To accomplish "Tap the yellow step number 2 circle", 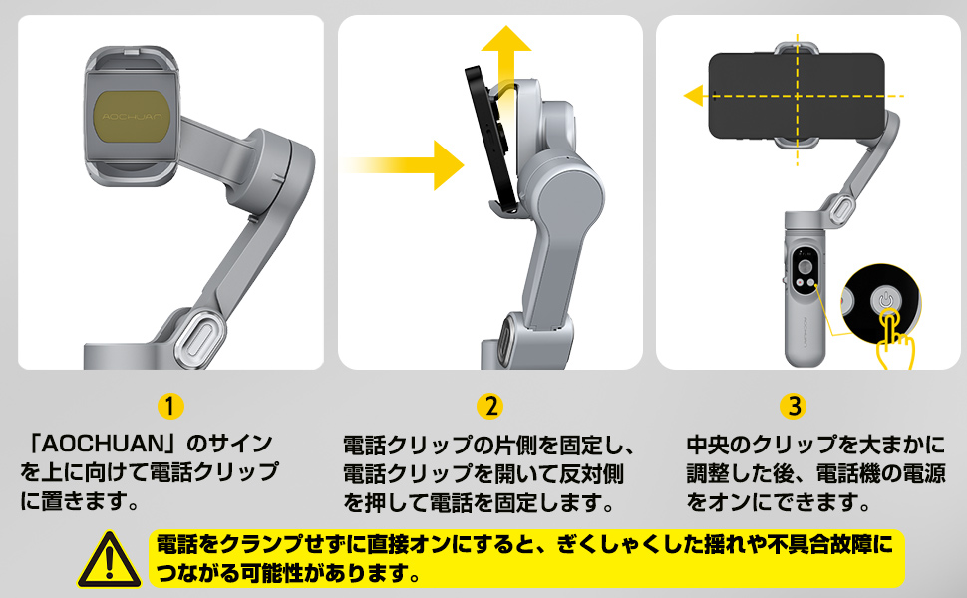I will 489,406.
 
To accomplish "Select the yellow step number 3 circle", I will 794,406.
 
